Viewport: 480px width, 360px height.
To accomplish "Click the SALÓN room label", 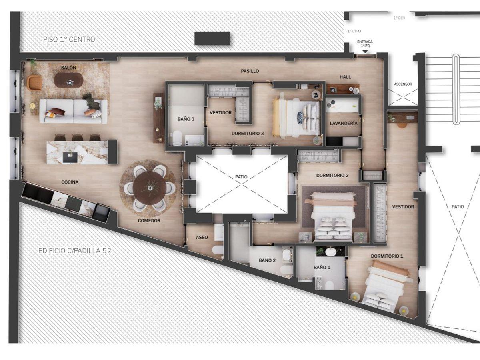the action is pos(69,68).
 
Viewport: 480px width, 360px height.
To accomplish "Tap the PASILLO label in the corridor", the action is pos(250,71).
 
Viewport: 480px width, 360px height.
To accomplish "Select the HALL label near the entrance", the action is pos(345,77).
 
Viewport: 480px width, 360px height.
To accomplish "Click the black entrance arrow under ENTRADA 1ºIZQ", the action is pos(365,52).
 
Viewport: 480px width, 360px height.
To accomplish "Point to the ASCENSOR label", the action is pos(403,84).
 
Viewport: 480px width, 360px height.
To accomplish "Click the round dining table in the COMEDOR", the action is pos(149,188).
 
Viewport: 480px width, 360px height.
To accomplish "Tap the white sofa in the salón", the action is pos(73,111).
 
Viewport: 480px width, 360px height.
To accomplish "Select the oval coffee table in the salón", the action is pos(69,80).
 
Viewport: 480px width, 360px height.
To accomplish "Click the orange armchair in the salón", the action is pos(34,82).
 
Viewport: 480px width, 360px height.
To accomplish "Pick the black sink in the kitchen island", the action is pos(70,157).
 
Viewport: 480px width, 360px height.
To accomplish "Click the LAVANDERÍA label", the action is pos(343,124).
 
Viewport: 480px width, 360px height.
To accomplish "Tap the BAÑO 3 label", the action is pos(186,119).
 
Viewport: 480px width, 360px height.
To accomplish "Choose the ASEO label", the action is pos(202,237).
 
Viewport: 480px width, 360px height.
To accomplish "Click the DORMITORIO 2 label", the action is pos(332,176).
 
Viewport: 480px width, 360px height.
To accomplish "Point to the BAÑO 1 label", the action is pos(322,268).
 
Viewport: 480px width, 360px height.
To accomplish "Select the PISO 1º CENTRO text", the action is pos(69,40).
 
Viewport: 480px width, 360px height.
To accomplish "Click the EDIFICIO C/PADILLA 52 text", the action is pos(75,251).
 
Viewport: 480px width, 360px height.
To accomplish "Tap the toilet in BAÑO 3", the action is pos(177,138).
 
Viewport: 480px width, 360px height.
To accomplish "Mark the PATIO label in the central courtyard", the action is pos(241,177).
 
